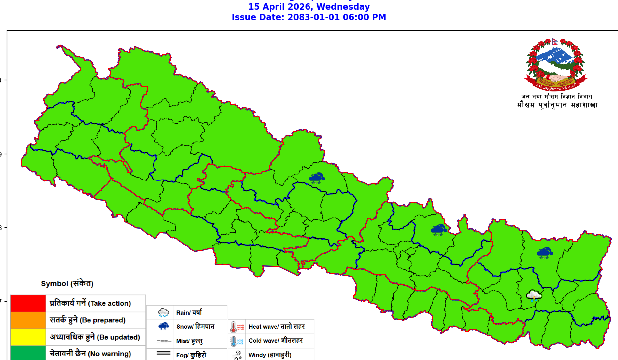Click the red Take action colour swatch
pyautogui.click(x=28, y=303)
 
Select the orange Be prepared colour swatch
pyautogui.click(x=28, y=320)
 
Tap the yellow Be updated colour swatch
pyautogui.click(x=28, y=337)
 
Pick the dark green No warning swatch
pyautogui.click(x=28, y=353)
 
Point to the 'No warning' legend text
pyautogui.click(x=109, y=354)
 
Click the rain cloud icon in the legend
pyautogui.click(x=163, y=313)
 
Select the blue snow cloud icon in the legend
pyautogui.click(x=163, y=326)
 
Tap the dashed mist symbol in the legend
pyautogui.click(x=163, y=341)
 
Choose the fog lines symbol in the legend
pyautogui.click(x=163, y=354)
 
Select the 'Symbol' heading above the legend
pyautogui.click(x=67, y=284)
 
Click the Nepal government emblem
pyautogui.click(x=556, y=64)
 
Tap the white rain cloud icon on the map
pyautogui.click(x=534, y=296)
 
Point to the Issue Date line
pyautogui.click(x=309, y=17)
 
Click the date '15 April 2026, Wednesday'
pyautogui.click(x=309, y=7)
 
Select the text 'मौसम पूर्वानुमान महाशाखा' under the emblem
pyautogui.click(x=557, y=105)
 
